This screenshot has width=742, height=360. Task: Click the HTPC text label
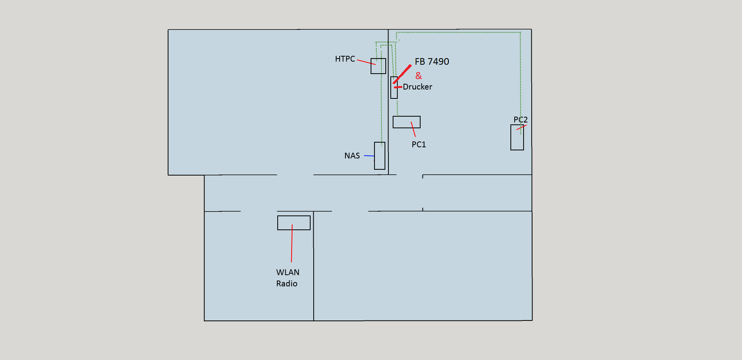(x=345, y=59)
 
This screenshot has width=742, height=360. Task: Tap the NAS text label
(x=352, y=156)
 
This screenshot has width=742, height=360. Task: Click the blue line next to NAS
(x=369, y=156)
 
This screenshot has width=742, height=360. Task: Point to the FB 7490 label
(x=432, y=62)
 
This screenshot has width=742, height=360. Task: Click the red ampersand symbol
(x=419, y=76)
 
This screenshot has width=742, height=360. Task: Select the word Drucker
(x=417, y=87)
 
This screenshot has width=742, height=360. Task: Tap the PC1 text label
(x=419, y=145)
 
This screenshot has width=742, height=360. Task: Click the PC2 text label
(x=520, y=120)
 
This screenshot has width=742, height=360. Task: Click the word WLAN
(x=288, y=272)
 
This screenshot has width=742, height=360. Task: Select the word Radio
(x=287, y=284)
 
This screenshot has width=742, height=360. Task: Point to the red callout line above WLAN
(x=292, y=243)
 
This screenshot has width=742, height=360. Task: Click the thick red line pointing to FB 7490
(x=402, y=74)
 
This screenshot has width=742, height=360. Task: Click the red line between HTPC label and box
(x=366, y=62)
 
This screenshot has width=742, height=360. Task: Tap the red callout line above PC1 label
(x=413, y=129)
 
